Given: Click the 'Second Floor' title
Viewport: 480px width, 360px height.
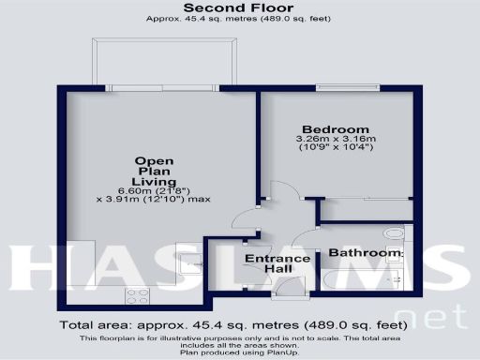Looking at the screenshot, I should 239,8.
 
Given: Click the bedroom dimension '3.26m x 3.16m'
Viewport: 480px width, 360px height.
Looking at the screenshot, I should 335,141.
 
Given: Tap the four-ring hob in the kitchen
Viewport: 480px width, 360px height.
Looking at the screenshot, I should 137,294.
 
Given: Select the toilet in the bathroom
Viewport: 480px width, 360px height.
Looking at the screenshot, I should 396,232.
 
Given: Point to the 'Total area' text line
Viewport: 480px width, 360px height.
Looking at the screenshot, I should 239,325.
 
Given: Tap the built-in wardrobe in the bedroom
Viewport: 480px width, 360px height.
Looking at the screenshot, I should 367,209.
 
